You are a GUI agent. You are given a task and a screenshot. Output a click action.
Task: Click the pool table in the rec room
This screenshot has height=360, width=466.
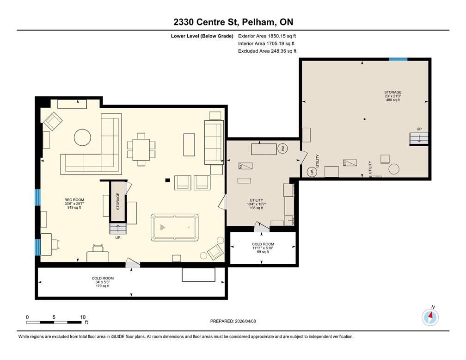pos(174,227)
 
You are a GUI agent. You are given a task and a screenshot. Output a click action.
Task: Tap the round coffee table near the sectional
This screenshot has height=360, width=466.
pos(82,137)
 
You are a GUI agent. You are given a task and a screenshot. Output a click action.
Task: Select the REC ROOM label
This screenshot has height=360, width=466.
pos(74,204)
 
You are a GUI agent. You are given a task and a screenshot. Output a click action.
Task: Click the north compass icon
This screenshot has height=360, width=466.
pos(430,317)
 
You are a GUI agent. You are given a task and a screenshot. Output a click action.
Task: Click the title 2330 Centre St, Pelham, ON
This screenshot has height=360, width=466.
pos(233,22)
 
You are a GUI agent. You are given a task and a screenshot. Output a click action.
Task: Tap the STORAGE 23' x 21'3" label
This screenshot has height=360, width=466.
pos(392,96)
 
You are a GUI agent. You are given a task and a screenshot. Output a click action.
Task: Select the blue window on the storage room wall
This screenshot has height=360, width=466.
pos(398,60)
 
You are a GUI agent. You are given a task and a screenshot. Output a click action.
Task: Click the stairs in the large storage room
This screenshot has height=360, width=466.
pos(419,139)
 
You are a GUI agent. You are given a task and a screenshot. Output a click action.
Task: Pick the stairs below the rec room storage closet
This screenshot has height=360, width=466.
pos(118,229)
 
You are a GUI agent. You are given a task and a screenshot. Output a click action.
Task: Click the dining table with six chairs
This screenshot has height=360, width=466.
pos(141,149)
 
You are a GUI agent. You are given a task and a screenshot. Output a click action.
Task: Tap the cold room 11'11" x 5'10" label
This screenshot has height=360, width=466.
pos(263,248)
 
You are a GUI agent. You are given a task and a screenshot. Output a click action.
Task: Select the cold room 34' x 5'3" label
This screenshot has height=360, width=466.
pos(103,282)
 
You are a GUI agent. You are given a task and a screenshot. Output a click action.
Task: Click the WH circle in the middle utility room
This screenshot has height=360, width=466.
pos(282,148)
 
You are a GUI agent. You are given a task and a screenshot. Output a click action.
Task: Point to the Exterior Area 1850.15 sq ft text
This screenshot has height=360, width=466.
pos(267,36)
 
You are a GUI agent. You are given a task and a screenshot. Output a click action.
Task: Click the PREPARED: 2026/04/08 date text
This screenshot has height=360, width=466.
pos(233,321)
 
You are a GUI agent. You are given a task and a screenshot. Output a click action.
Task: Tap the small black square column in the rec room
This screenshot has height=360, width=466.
pos(168,180)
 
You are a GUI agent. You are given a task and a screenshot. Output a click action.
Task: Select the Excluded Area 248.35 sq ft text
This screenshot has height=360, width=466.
pos(267,51)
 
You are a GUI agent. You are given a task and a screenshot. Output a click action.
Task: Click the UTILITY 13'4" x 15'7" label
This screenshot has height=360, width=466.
pos(256,204)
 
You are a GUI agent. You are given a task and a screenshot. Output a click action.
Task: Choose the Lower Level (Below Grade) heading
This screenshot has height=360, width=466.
pos(202,36)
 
